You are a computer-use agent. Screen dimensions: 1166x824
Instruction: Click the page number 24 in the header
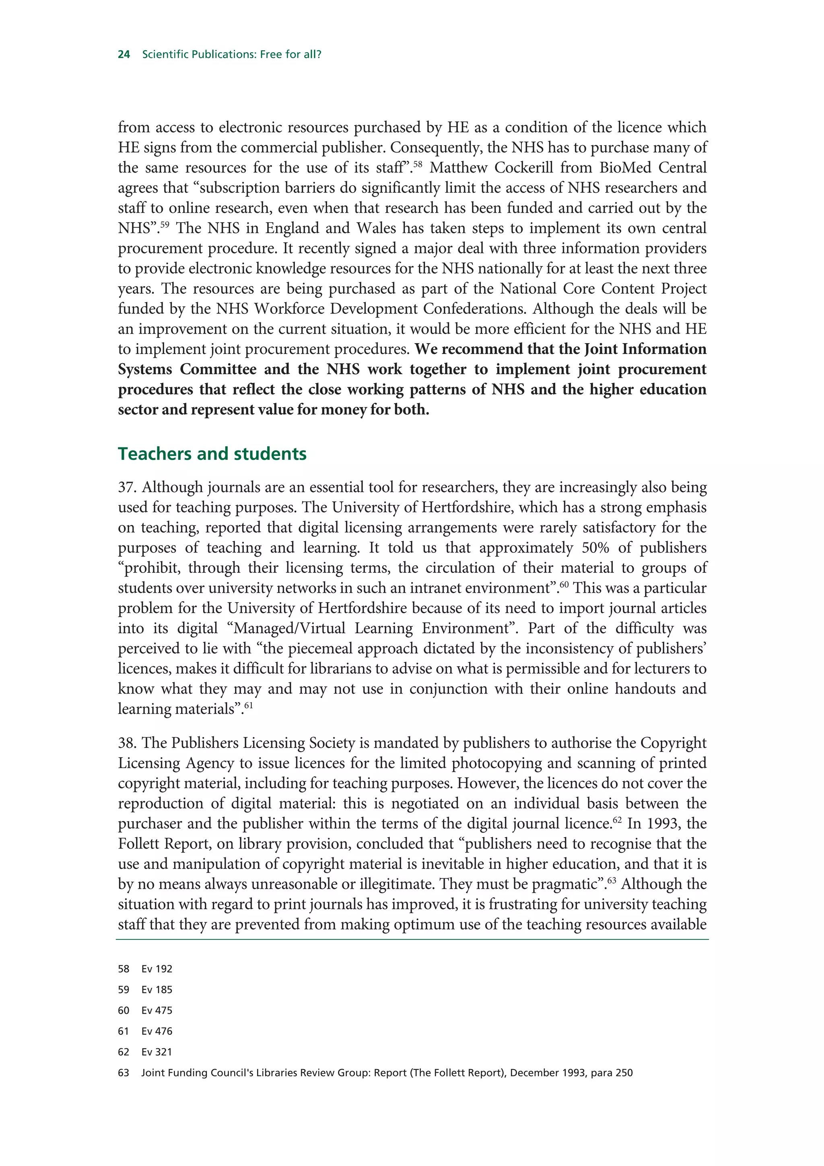pyautogui.click(x=124, y=54)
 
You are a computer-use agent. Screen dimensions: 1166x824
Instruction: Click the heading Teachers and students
pyautogui.click(x=212, y=453)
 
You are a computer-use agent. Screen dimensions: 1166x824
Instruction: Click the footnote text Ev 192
pyautogui.click(x=157, y=969)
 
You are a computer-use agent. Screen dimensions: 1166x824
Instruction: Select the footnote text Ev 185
pyautogui.click(x=157, y=990)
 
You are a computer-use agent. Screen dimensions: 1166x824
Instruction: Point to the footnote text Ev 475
pyautogui.click(x=157, y=1011)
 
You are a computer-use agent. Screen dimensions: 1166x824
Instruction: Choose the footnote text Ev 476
pyautogui.click(x=157, y=1032)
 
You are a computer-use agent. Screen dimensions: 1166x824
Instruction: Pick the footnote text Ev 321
pyautogui.click(x=157, y=1052)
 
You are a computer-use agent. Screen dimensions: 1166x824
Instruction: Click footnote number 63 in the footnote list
pyautogui.click(x=124, y=1073)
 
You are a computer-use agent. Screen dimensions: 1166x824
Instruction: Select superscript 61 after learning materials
pyautogui.click(x=248, y=705)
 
